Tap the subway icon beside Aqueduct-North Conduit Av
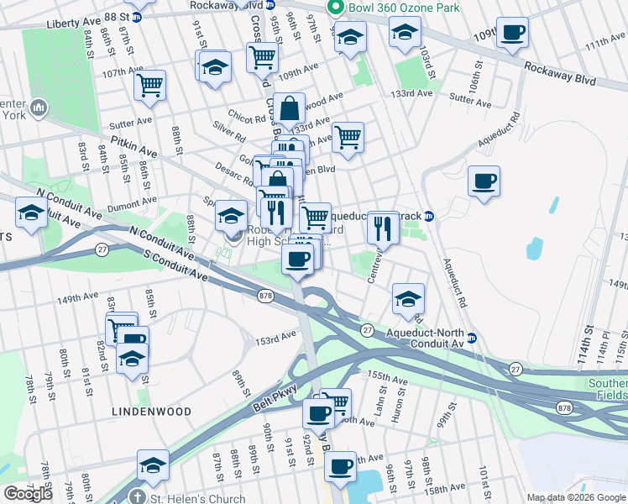[473, 339]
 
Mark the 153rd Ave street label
[276, 339]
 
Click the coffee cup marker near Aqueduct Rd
[484, 181]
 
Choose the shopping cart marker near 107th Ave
[149, 85]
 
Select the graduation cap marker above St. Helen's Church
[153, 465]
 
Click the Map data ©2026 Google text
[577, 498]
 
